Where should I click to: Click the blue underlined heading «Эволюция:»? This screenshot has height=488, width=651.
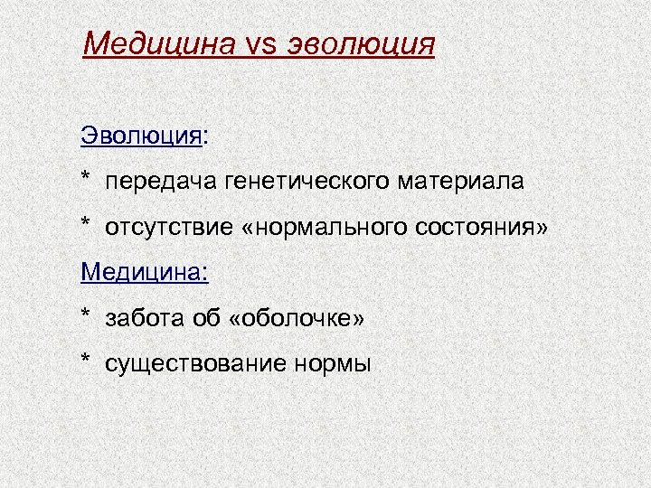(144, 136)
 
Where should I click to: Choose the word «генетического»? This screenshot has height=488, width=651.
(299, 182)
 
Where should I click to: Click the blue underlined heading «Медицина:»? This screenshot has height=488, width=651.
(144, 270)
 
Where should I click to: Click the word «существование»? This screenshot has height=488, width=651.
(195, 362)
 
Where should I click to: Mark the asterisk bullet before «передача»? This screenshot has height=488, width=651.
(86, 179)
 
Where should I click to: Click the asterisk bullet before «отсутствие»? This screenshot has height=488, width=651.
(86, 223)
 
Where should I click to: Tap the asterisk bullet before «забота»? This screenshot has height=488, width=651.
(86, 314)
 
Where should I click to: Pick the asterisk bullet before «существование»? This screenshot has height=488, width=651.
(86, 360)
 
